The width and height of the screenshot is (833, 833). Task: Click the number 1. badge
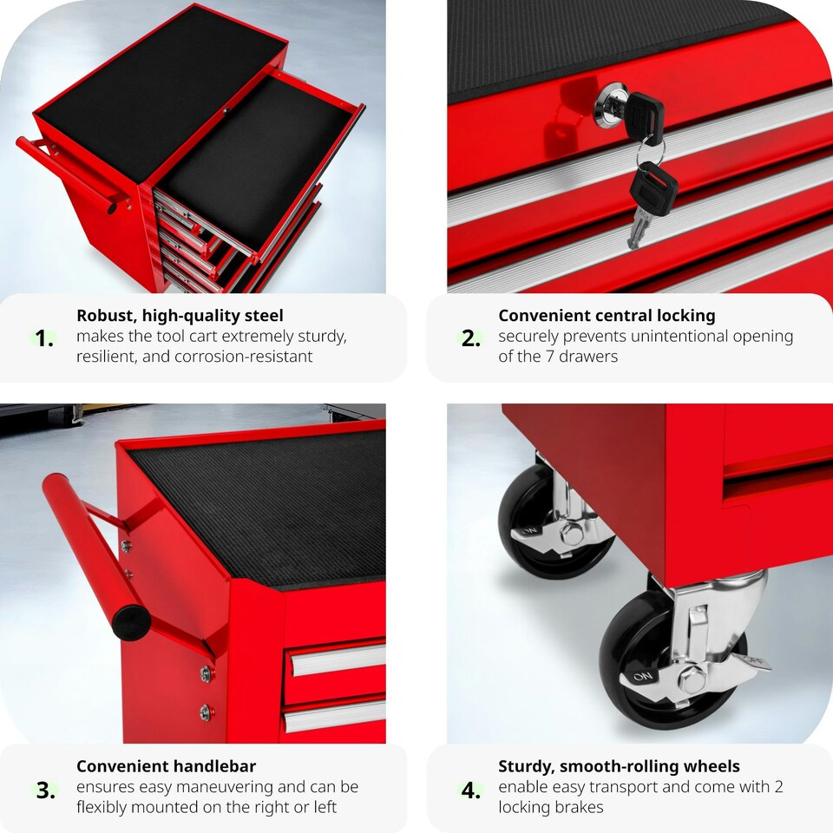tap(44, 339)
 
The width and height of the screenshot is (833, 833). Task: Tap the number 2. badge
tap(471, 339)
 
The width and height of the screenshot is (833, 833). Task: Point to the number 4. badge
tap(471, 790)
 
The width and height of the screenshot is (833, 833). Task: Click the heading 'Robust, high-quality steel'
tap(180, 316)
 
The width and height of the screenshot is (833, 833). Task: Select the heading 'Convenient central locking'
tap(607, 316)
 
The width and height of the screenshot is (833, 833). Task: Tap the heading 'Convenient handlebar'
tap(166, 766)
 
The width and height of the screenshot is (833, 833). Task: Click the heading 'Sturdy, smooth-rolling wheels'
tap(619, 766)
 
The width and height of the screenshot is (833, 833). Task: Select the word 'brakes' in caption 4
tap(577, 808)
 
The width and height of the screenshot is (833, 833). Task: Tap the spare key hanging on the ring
tap(649, 204)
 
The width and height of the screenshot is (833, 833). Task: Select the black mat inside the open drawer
tap(252, 165)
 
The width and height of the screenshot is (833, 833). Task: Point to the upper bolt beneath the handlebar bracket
tap(207, 674)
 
